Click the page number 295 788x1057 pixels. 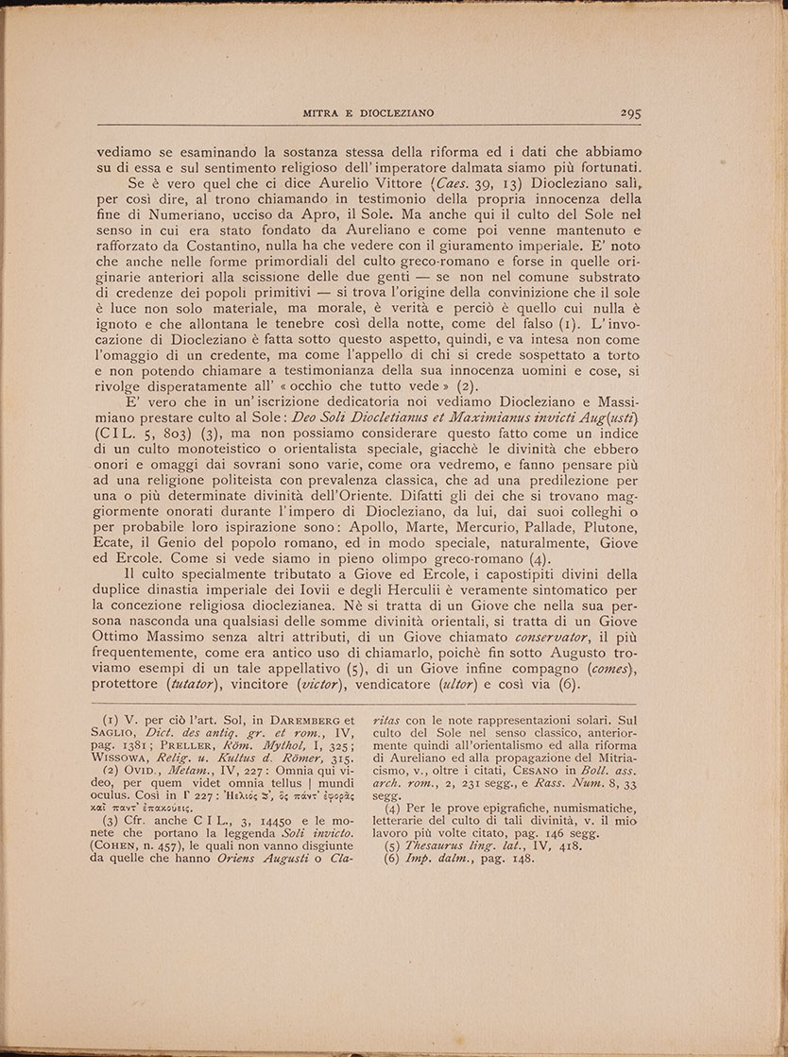(631, 112)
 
